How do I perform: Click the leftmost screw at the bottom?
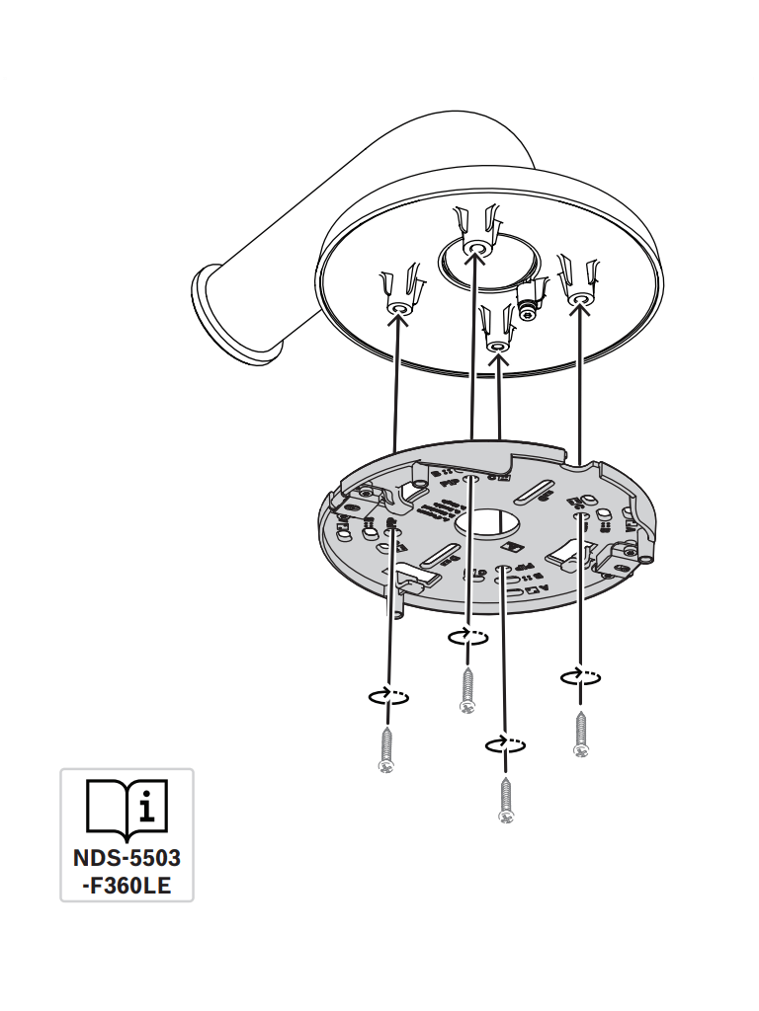[x=386, y=749]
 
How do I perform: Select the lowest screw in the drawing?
[x=506, y=800]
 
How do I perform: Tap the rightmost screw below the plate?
[x=581, y=733]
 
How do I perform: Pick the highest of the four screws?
[x=467, y=690]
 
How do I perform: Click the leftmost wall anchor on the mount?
[x=401, y=289]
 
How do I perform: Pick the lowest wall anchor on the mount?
[x=496, y=328]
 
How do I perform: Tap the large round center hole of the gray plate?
[x=487, y=523]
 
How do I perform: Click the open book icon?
[x=127, y=807]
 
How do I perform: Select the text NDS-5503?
[x=127, y=858]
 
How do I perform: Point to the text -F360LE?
[x=127, y=886]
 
